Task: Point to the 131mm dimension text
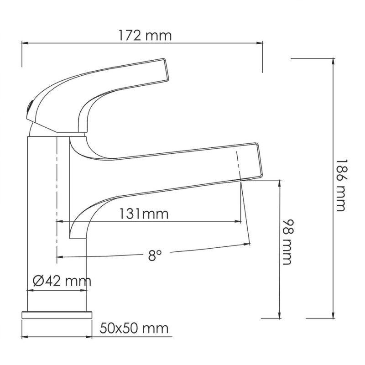pos(144,214)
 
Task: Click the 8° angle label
pos(155,256)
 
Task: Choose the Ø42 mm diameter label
pos(62,281)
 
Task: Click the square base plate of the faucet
pos(57,315)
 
